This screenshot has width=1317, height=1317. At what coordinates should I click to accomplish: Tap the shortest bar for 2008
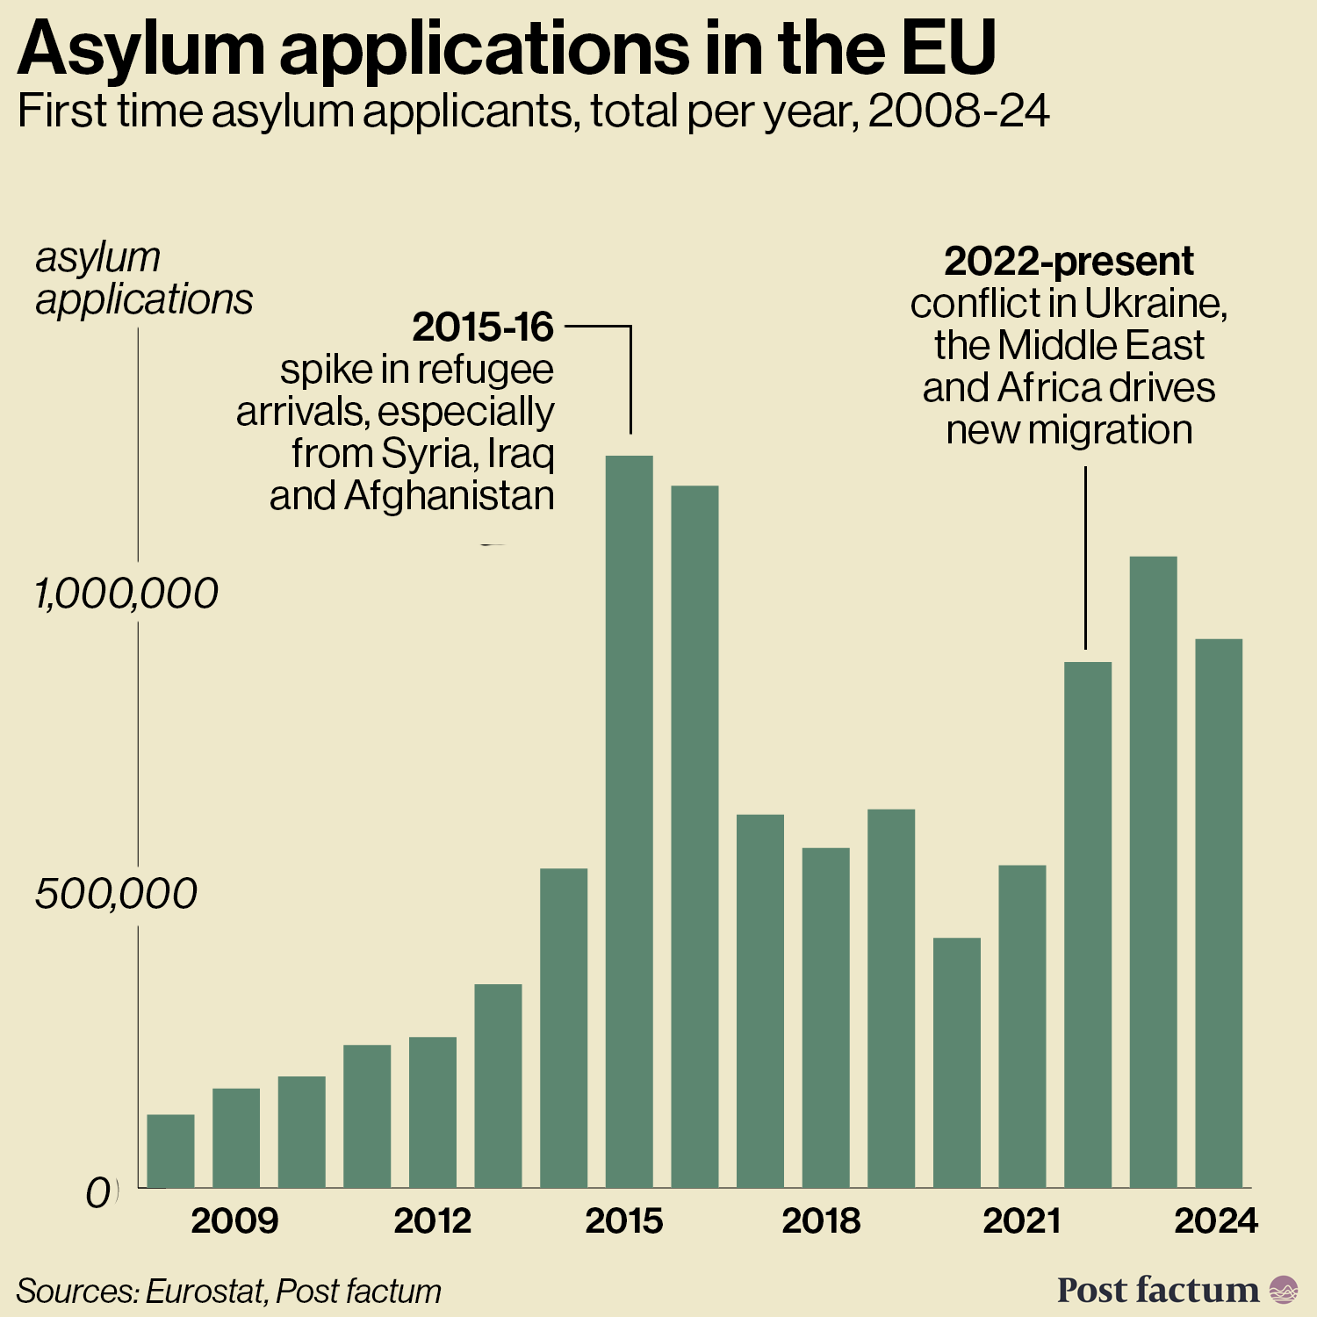170,1150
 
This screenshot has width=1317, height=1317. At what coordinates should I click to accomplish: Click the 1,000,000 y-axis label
126,594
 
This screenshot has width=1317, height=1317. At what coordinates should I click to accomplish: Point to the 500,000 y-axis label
116,894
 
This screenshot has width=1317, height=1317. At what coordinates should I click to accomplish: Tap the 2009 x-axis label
234,1221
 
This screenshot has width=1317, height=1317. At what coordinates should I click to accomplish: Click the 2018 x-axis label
821,1221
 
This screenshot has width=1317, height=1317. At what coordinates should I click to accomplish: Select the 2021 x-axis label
1021,1221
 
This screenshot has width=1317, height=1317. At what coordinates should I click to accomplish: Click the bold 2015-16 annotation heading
483,327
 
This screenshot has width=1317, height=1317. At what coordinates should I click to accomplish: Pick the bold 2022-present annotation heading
1069,261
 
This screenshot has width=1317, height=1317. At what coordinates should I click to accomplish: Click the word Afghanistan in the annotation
450,496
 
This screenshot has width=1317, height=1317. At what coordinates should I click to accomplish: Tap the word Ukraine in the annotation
1155,304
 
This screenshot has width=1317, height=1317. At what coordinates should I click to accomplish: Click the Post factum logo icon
1284,1290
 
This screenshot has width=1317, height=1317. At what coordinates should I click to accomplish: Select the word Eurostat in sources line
205,1292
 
